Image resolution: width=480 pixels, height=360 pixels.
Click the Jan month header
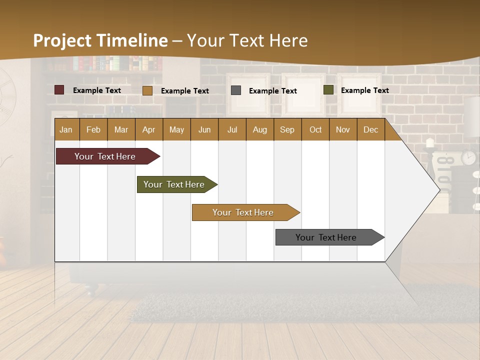click(x=66, y=129)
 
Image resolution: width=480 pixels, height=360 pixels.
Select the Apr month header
click(x=148, y=129)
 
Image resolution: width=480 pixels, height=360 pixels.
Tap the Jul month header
click(x=232, y=129)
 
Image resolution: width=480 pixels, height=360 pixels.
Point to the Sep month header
click(x=287, y=129)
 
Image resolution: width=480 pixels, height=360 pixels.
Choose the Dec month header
click(x=370, y=129)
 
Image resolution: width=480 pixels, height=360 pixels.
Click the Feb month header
click(x=93, y=129)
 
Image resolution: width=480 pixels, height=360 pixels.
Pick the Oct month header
click(x=315, y=129)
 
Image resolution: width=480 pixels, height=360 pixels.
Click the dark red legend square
click(x=59, y=90)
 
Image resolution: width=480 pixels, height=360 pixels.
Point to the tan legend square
click(x=147, y=90)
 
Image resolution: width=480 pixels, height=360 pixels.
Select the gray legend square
click(x=236, y=90)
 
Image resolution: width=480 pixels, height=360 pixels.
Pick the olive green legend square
click(x=328, y=90)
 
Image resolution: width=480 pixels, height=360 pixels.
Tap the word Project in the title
click(x=62, y=40)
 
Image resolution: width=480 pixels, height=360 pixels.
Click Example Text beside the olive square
click(x=364, y=90)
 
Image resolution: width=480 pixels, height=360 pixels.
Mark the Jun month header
click(x=204, y=129)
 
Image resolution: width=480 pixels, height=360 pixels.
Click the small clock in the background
click(x=468, y=157)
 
